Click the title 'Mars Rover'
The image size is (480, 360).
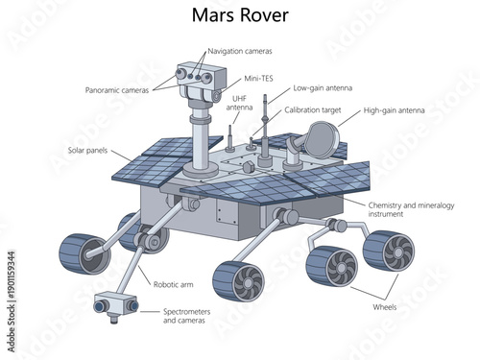click(x=239, y=15)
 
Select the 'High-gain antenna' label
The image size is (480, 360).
click(x=396, y=110)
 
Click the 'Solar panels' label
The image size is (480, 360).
click(x=87, y=151)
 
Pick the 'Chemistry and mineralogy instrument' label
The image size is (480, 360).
click(x=411, y=209)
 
